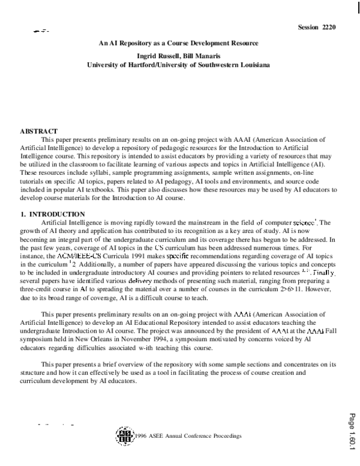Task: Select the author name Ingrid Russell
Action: [158, 54]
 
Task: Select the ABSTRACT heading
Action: [39, 131]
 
